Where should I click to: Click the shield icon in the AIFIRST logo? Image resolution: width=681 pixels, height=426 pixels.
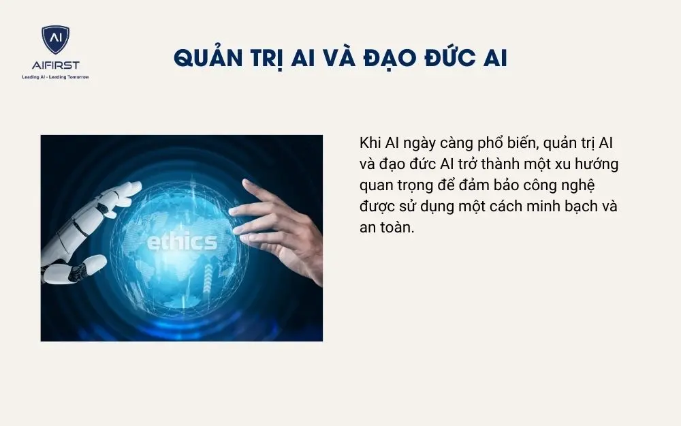point(54,40)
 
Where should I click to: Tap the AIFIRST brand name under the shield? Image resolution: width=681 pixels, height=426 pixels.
point(54,65)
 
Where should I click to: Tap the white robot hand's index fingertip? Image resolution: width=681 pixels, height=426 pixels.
point(137,185)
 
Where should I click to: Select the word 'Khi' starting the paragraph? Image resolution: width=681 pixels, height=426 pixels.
point(370,144)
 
